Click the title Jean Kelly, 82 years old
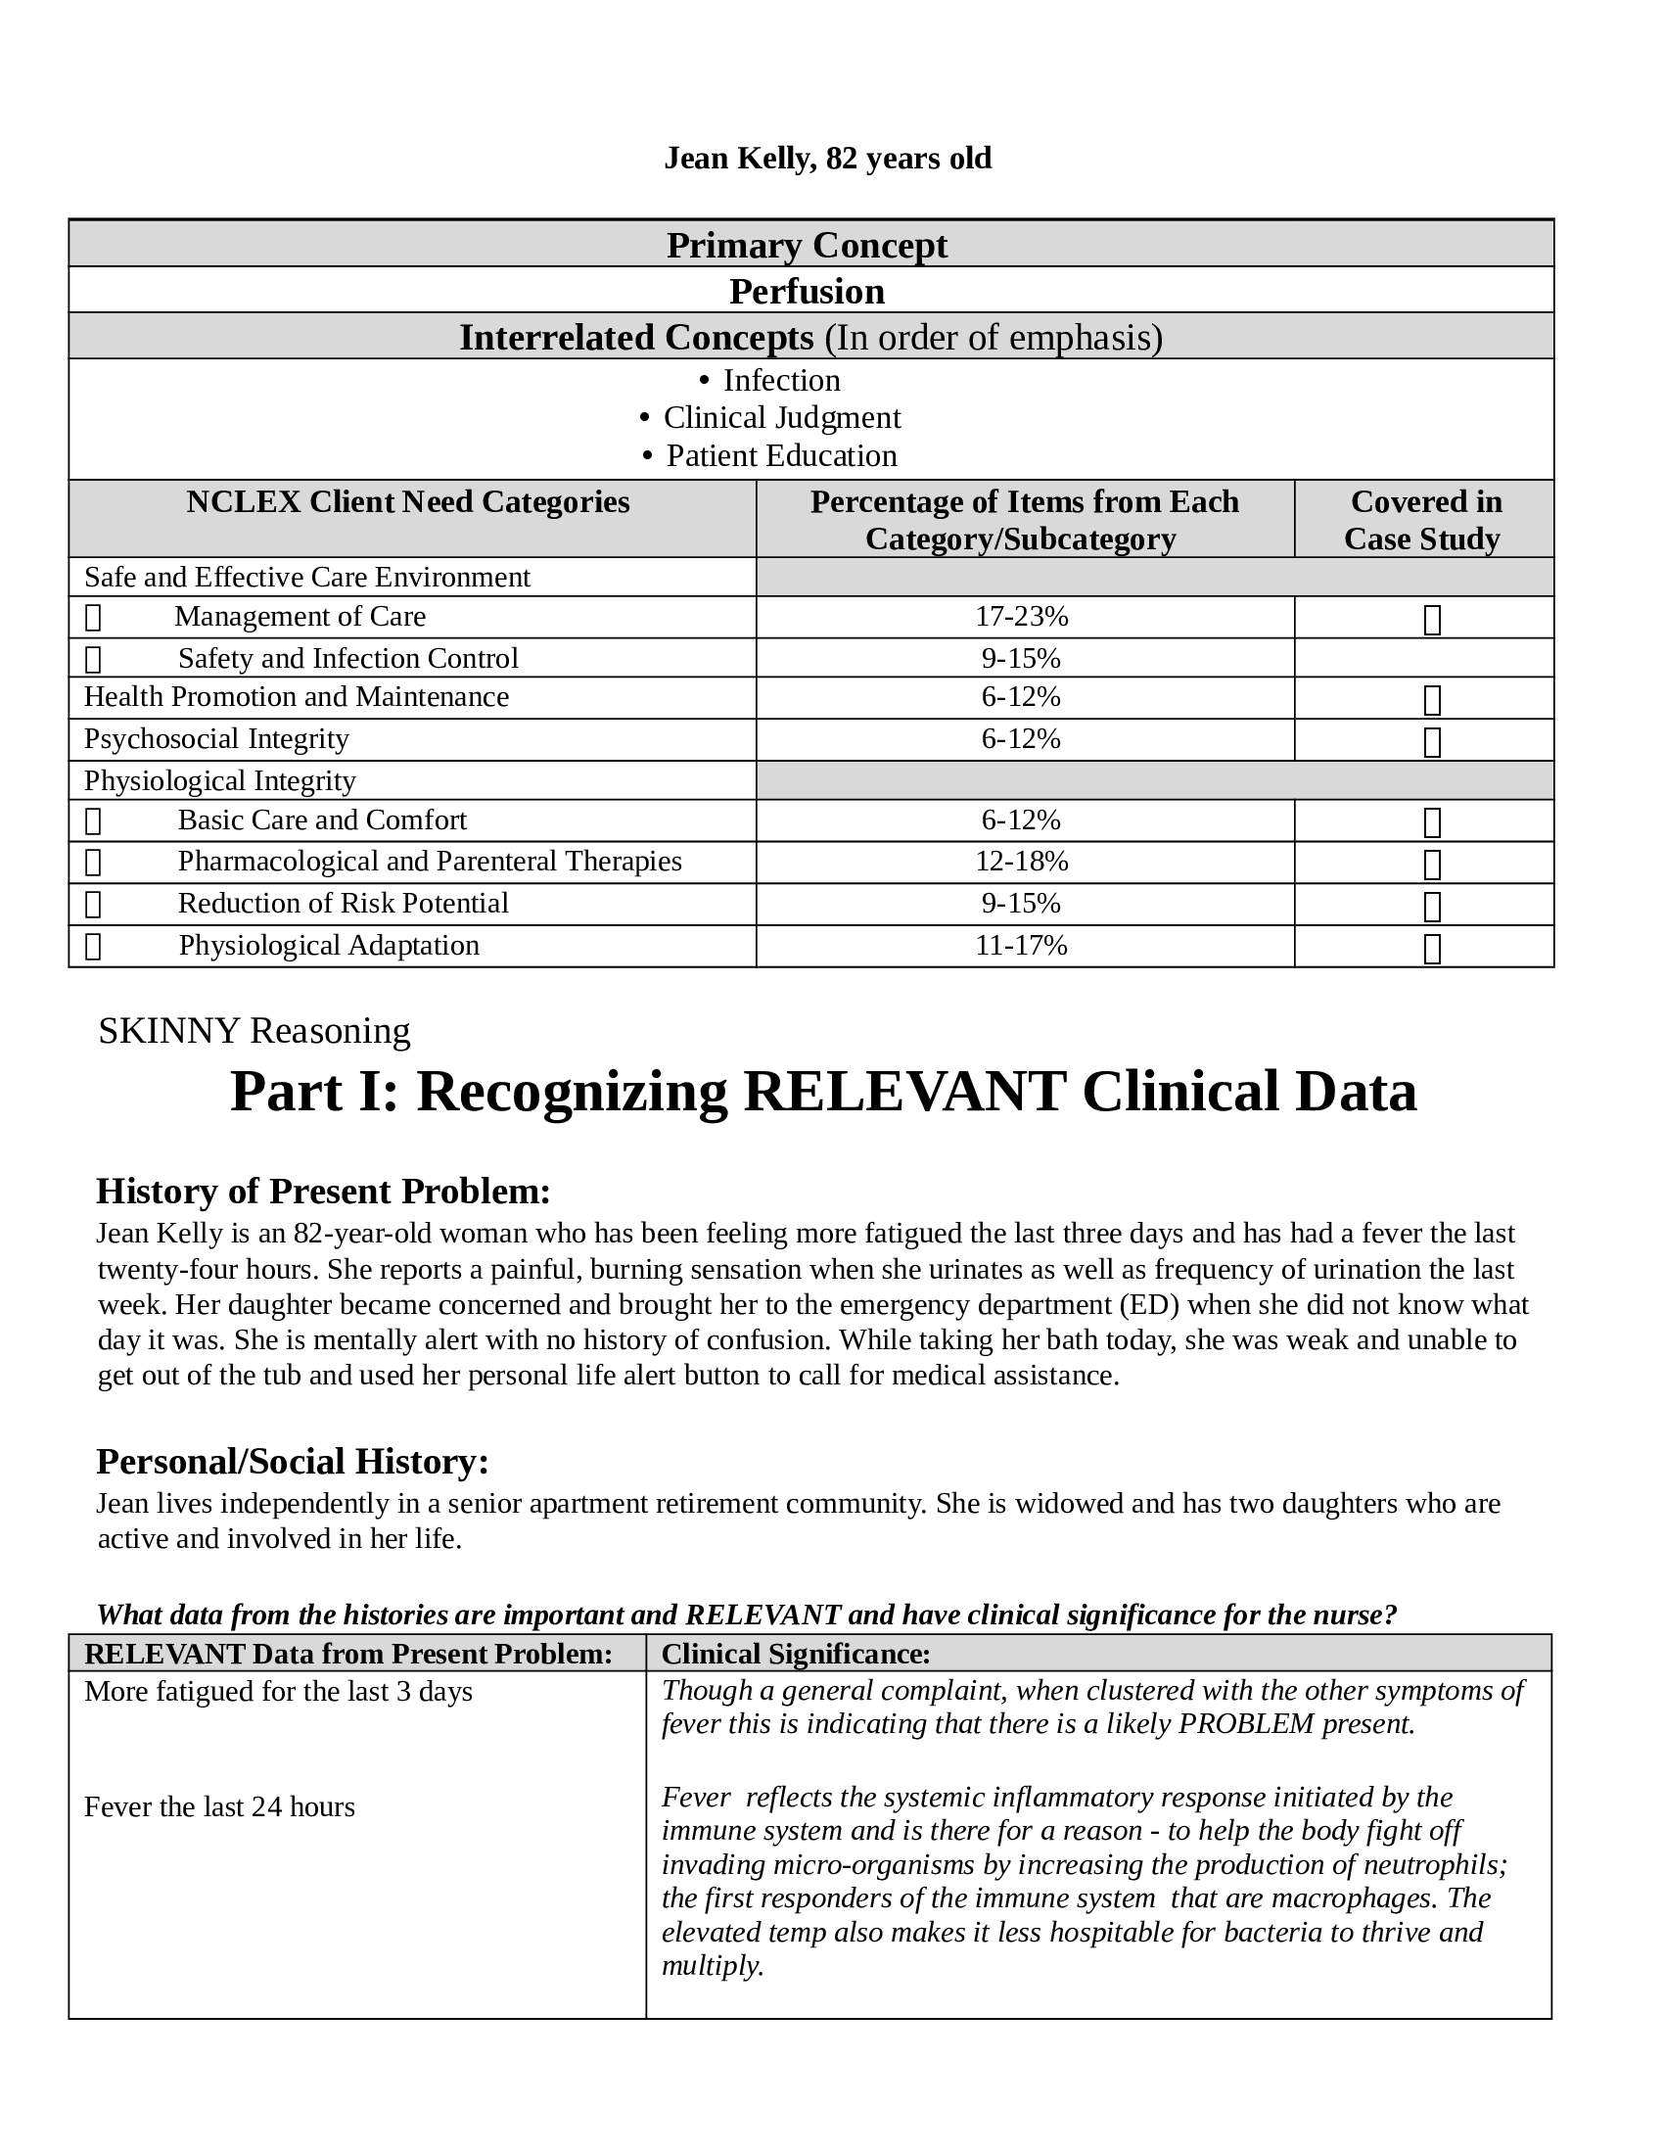click(x=827, y=158)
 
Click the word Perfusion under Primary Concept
click(x=807, y=291)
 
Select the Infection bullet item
click(x=781, y=381)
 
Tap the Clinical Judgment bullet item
click(x=781, y=418)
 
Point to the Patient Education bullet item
click(x=781, y=455)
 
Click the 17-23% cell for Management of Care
click(x=1021, y=617)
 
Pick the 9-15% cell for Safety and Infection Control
click(x=1021, y=658)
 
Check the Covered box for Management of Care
click(x=1432, y=620)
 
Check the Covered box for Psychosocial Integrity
click(x=1432, y=742)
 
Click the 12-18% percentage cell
click(x=1021, y=862)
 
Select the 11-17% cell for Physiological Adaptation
click(x=1021, y=946)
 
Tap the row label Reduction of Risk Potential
click(x=343, y=904)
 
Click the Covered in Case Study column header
click(x=1423, y=520)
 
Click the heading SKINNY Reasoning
click(x=254, y=1031)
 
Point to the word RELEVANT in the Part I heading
click(x=904, y=1092)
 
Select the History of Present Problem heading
click(x=322, y=1192)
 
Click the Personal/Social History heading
click(x=292, y=1462)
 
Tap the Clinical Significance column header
click(x=796, y=1654)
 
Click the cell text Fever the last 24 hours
click(x=219, y=1806)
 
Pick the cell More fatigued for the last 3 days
click(x=278, y=1692)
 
